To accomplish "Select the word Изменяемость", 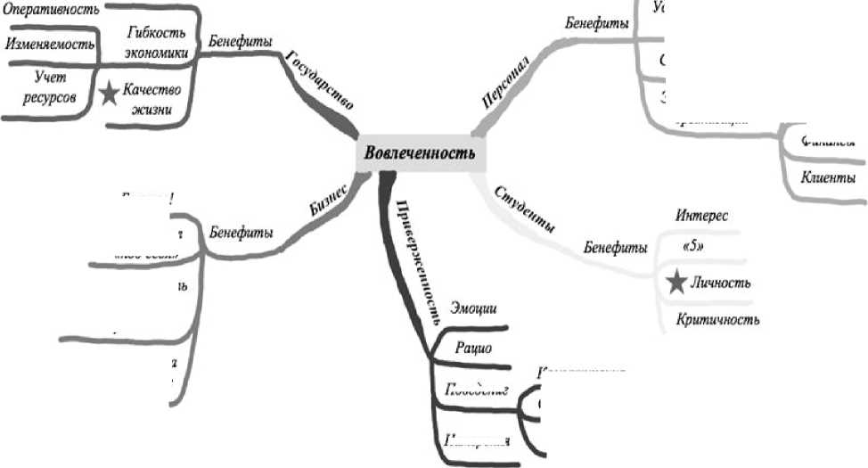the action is point(49,43).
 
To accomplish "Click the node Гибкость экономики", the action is point(155,43).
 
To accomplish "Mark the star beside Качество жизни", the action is point(109,94).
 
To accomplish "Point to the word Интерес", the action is point(702,216).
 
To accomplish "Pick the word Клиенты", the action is point(828,176).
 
